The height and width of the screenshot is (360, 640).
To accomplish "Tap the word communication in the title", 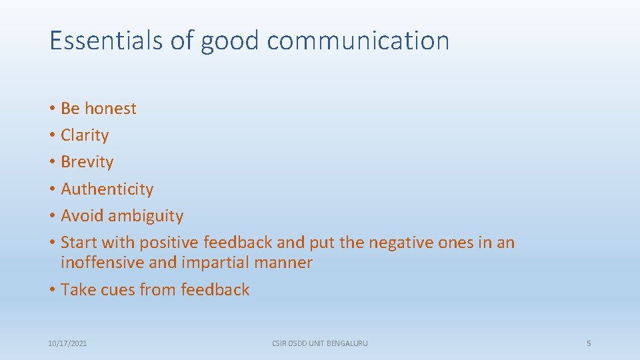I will click(x=358, y=41).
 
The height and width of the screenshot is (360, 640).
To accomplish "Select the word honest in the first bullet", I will click(x=110, y=109).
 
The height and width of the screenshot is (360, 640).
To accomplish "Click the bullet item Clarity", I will click(x=85, y=135).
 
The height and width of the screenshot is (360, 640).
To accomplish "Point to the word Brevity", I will click(x=87, y=162).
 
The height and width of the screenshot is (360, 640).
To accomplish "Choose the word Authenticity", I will click(x=107, y=189).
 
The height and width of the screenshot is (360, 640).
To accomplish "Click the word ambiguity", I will click(x=145, y=216).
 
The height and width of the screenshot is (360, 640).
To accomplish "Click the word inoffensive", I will click(x=103, y=263).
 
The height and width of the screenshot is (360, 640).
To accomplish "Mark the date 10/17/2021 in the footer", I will click(x=67, y=343).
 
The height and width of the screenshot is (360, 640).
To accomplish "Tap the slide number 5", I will click(x=589, y=343).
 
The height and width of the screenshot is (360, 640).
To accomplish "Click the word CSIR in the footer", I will click(x=279, y=343).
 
